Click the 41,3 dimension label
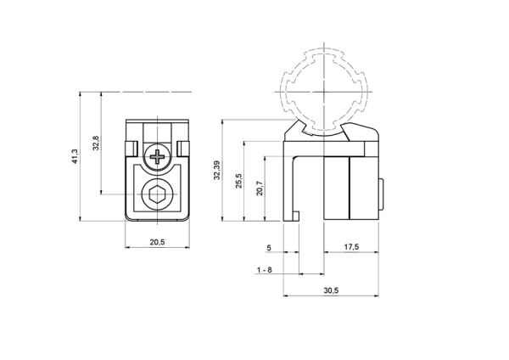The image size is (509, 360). (x=75, y=156)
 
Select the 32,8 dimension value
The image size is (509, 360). (x=96, y=143)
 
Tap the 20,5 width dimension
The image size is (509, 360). (x=158, y=242)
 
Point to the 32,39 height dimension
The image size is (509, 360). (x=217, y=170)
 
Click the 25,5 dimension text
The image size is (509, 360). (x=239, y=181)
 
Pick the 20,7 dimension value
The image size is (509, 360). (x=260, y=188)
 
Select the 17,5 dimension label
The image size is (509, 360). (x=351, y=247)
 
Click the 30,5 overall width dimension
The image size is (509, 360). (x=331, y=290)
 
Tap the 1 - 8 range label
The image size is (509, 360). (x=265, y=270)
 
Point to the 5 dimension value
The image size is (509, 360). (x=269, y=248)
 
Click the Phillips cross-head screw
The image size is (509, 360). (x=158, y=157)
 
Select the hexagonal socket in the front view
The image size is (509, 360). (x=158, y=194)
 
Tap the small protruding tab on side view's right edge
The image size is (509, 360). (x=382, y=194)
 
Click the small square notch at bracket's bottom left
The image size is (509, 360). (x=296, y=216)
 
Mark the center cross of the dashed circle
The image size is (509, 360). (x=324, y=92)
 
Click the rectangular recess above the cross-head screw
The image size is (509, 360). (x=158, y=132)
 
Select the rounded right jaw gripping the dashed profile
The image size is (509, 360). (x=360, y=132)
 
